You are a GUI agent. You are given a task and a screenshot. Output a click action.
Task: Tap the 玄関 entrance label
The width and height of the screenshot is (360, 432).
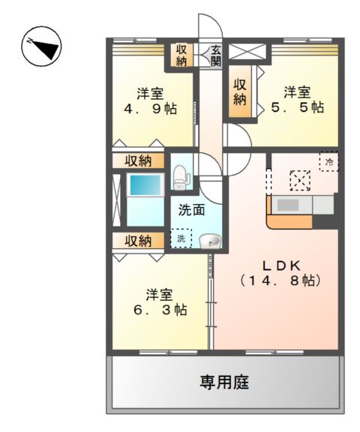click(216, 56)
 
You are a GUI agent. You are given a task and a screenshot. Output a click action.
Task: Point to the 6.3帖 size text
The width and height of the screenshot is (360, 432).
click(162, 309)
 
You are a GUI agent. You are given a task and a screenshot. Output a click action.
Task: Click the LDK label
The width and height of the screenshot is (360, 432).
click(281, 265)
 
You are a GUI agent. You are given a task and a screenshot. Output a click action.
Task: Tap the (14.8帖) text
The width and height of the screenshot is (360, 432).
click(281, 281)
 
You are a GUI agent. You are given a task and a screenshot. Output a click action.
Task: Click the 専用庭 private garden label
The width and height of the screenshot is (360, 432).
click(224, 382)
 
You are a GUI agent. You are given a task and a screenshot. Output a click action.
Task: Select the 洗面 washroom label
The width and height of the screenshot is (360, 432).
click(192, 210)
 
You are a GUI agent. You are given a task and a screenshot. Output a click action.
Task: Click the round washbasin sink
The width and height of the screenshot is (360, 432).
click(211, 241)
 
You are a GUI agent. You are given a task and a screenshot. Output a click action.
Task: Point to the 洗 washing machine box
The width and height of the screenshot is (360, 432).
click(181, 239)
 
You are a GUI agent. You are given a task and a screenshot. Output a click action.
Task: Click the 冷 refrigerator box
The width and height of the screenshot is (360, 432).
click(328, 160)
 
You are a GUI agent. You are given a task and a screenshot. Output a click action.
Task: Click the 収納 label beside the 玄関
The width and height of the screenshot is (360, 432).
click(181, 55)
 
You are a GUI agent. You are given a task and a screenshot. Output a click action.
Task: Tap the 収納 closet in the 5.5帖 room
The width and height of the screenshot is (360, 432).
click(240, 91)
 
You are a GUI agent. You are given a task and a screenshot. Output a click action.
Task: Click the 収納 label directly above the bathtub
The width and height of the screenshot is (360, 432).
click(138, 160)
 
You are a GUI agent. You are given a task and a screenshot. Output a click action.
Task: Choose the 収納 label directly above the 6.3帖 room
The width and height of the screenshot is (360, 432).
click(138, 241)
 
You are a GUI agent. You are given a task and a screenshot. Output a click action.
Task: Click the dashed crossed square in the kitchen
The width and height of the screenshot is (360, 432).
click(300, 181)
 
